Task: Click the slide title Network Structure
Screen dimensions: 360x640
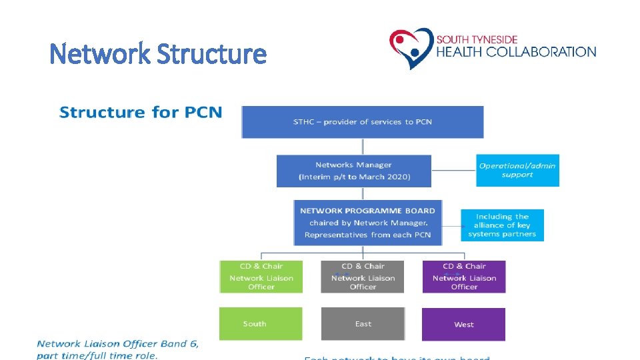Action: point(158,53)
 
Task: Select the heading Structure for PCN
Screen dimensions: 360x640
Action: point(141,112)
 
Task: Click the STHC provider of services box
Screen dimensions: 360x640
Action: point(363,121)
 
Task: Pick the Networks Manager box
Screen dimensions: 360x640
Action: point(353,171)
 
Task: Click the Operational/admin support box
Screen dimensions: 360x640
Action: point(517,170)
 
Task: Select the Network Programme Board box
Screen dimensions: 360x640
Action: point(367,223)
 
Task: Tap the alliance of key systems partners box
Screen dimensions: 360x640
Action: point(502,225)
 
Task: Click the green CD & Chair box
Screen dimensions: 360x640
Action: point(261,276)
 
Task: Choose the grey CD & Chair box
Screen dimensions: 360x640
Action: point(363,276)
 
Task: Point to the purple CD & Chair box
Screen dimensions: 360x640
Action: point(464,276)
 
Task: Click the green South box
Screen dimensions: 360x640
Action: point(261,324)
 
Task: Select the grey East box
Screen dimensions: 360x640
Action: point(363,324)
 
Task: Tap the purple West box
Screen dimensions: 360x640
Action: point(464,324)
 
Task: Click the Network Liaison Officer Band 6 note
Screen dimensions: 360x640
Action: point(117,349)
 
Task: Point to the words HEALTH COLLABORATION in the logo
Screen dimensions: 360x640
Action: point(516,52)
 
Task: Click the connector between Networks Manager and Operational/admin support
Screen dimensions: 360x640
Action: point(454,170)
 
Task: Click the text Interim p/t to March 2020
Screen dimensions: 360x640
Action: point(354,177)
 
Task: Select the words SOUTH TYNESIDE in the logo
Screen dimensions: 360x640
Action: point(477,39)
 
